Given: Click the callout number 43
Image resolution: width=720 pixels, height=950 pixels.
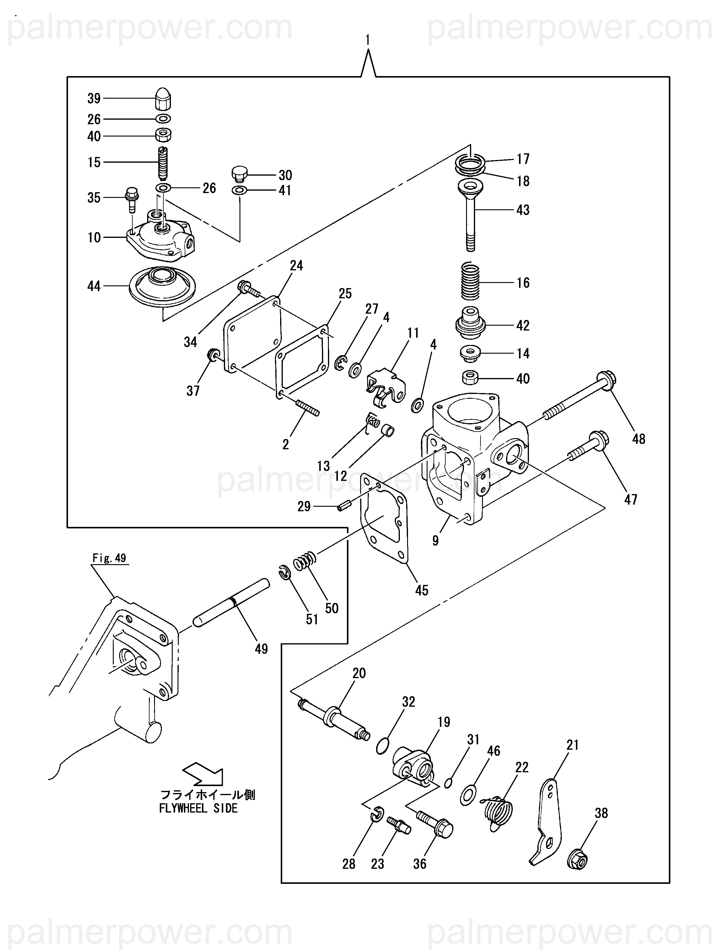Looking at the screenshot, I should coord(523,210).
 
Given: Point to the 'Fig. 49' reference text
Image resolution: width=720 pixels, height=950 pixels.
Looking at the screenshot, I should coord(110,558).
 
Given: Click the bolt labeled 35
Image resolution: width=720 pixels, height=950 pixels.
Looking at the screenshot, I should coord(131,199).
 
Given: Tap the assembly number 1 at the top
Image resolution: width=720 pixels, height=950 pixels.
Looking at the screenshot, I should coord(368,40).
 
